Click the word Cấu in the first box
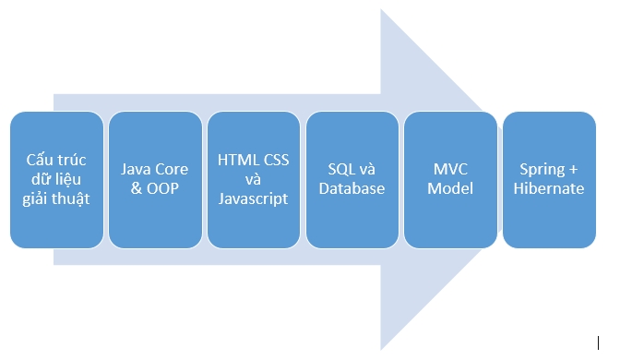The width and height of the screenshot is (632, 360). tap(40, 161)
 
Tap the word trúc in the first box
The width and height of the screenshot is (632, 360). tap(72, 161)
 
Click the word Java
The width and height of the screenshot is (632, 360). tap(137, 170)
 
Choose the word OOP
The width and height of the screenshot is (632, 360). tap(161, 189)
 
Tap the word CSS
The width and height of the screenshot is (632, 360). tap(275, 161)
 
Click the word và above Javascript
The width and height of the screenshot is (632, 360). tap(254, 180)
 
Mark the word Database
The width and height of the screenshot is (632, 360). tap(352, 189)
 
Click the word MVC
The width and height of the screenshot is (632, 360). tap(451, 170)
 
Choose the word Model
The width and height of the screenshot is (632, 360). tap(451, 189)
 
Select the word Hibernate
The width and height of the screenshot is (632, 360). tap(550, 189)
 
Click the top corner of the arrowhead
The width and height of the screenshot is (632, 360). tap(381, 11)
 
